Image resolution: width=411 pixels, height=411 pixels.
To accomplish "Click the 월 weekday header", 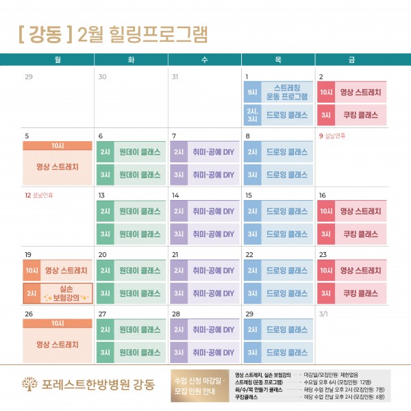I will [x=58, y=60].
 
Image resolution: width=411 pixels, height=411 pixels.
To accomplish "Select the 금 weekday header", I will [x=351, y=60].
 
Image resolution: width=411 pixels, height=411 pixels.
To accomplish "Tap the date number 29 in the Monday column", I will [x=28, y=77].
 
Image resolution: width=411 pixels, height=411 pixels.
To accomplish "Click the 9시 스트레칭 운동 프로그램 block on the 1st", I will [x=277, y=92].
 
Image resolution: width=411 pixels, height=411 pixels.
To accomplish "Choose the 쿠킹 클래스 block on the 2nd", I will [x=351, y=114].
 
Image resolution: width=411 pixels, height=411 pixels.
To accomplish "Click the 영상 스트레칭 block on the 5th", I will [x=58, y=166].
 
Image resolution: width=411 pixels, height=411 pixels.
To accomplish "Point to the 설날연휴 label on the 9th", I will [x=332, y=136].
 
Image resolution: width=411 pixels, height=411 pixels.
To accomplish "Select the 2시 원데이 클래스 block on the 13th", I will [x=131, y=211].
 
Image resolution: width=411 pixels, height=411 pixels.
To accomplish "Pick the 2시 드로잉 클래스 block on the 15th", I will [x=277, y=211].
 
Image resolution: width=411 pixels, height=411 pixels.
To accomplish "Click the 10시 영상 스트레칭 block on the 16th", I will [x=351, y=211].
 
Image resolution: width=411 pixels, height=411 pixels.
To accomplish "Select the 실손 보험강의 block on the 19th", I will [x=58, y=293].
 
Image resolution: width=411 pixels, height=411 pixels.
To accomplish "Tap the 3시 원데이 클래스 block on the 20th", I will [x=131, y=293].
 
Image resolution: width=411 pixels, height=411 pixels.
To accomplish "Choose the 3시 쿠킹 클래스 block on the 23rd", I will [x=351, y=293].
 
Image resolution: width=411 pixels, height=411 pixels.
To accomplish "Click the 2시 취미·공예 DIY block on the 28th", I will [x=204, y=329].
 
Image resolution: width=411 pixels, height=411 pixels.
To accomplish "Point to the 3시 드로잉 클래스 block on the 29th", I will [x=277, y=352].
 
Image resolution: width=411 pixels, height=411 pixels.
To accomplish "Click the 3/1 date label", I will [x=323, y=313].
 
